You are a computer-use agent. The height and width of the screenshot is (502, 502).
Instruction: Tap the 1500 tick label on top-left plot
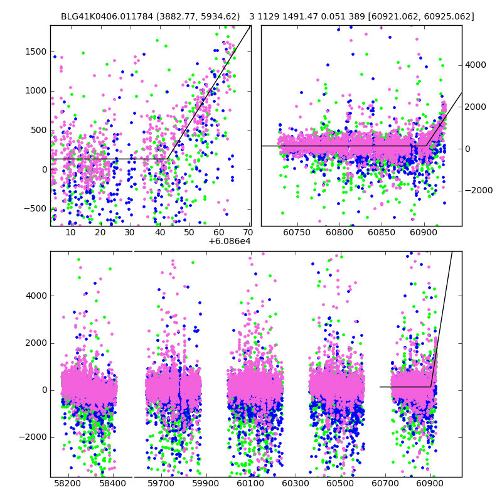tap(35, 51)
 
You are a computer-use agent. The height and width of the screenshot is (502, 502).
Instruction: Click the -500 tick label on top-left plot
tap(34, 209)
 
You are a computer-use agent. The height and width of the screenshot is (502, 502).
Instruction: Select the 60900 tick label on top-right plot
tap(424, 232)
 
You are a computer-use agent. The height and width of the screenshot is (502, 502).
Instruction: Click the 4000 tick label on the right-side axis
tap(476, 65)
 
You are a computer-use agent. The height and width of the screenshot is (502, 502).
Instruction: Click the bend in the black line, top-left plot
tap(167, 159)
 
